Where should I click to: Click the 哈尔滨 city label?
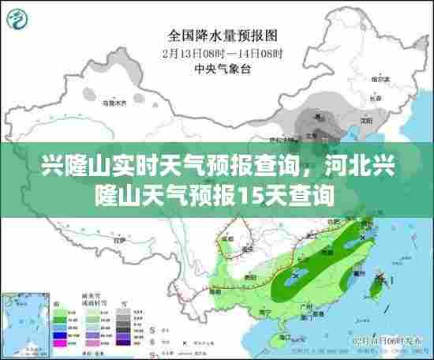click(382, 80)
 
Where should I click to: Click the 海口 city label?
click(282, 328)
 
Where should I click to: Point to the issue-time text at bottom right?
click(389, 339)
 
